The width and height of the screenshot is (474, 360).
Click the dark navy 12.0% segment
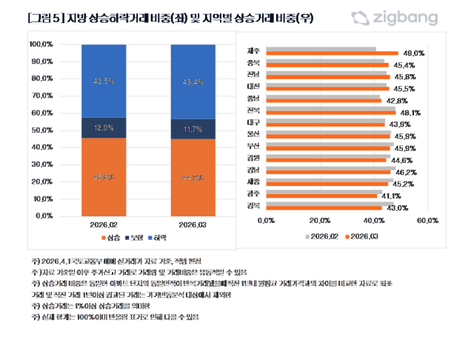pos(104,127)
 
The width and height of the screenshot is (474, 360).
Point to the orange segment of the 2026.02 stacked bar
pos(104,176)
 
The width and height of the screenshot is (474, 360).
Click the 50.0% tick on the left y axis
pos(41,130)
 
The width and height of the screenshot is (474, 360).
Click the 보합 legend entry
pos(134,238)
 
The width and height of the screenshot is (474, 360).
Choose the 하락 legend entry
pos(158,238)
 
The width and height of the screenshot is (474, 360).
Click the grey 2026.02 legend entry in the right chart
pos(322,236)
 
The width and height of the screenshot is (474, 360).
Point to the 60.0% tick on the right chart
pos(428,220)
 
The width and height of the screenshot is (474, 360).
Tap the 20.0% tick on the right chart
pos(320,220)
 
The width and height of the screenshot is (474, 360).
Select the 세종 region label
pos(253,182)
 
